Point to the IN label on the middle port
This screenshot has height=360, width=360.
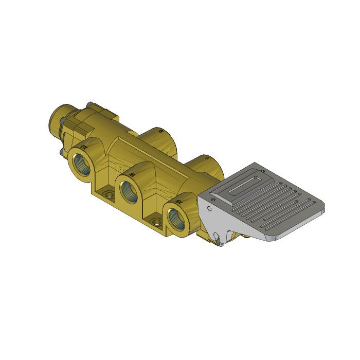[132, 175]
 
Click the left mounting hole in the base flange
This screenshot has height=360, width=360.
[109, 195]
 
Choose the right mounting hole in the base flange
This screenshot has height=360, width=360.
[156, 223]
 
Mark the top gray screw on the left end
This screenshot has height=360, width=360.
[89, 104]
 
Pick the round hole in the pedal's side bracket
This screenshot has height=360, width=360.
[209, 209]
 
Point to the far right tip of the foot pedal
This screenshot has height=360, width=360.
[326, 210]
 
